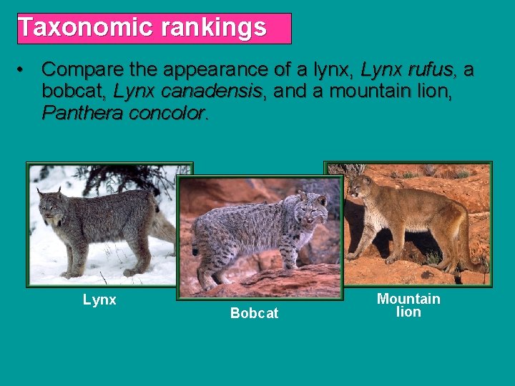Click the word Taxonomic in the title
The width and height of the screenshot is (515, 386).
pos(86,28)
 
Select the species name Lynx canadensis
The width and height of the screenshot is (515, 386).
pos(190,91)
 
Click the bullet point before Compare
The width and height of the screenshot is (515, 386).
pos(24,70)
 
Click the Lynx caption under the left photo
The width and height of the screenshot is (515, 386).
pos(99,300)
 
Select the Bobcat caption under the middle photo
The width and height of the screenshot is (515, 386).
pos(254,313)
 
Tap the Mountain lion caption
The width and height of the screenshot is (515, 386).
pos(408,305)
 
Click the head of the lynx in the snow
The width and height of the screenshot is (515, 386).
pos(52,206)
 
